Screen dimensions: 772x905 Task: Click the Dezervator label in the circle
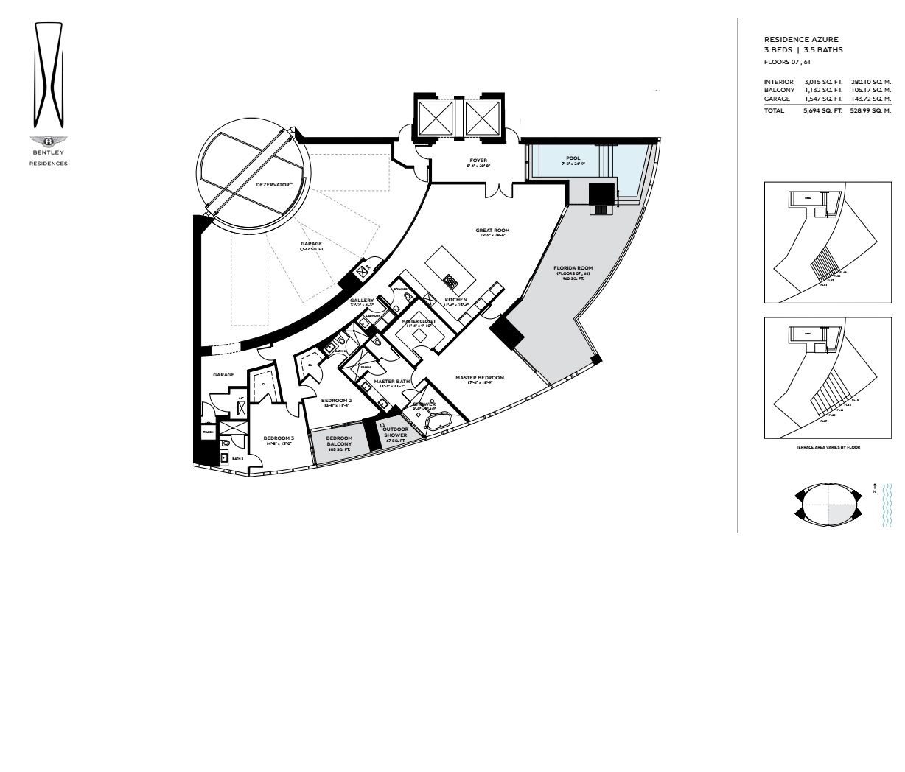click(275, 184)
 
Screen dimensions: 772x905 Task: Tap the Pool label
click(573, 158)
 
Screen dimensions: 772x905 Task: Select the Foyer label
click(478, 161)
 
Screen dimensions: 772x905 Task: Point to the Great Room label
click(492, 231)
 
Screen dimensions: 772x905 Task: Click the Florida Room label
click(573, 268)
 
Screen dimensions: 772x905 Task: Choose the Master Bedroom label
click(479, 378)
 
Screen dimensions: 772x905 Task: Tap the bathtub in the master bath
click(441, 422)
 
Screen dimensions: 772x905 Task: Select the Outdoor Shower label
click(396, 433)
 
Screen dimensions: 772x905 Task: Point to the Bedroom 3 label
click(279, 438)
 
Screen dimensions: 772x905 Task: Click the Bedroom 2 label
click(336, 401)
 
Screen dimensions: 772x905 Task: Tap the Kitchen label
click(455, 300)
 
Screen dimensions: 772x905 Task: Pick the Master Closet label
click(419, 321)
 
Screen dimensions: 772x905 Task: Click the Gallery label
click(362, 301)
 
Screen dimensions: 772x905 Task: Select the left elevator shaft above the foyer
click(435, 116)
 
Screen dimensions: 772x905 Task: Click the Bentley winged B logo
click(49, 141)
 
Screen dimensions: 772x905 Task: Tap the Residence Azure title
click(801, 39)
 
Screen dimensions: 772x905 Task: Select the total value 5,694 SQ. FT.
click(822, 111)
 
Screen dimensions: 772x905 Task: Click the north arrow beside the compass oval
click(874, 487)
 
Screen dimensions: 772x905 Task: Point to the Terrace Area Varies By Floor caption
click(828, 447)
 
